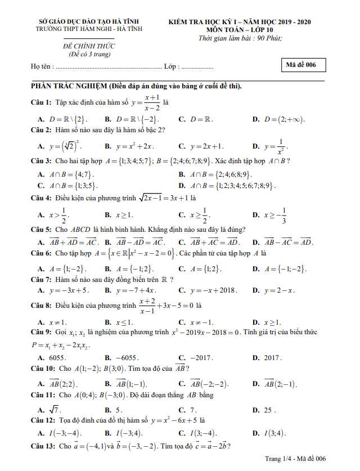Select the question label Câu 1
(x=41, y=102)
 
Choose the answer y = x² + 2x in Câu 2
(x=134, y=146)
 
